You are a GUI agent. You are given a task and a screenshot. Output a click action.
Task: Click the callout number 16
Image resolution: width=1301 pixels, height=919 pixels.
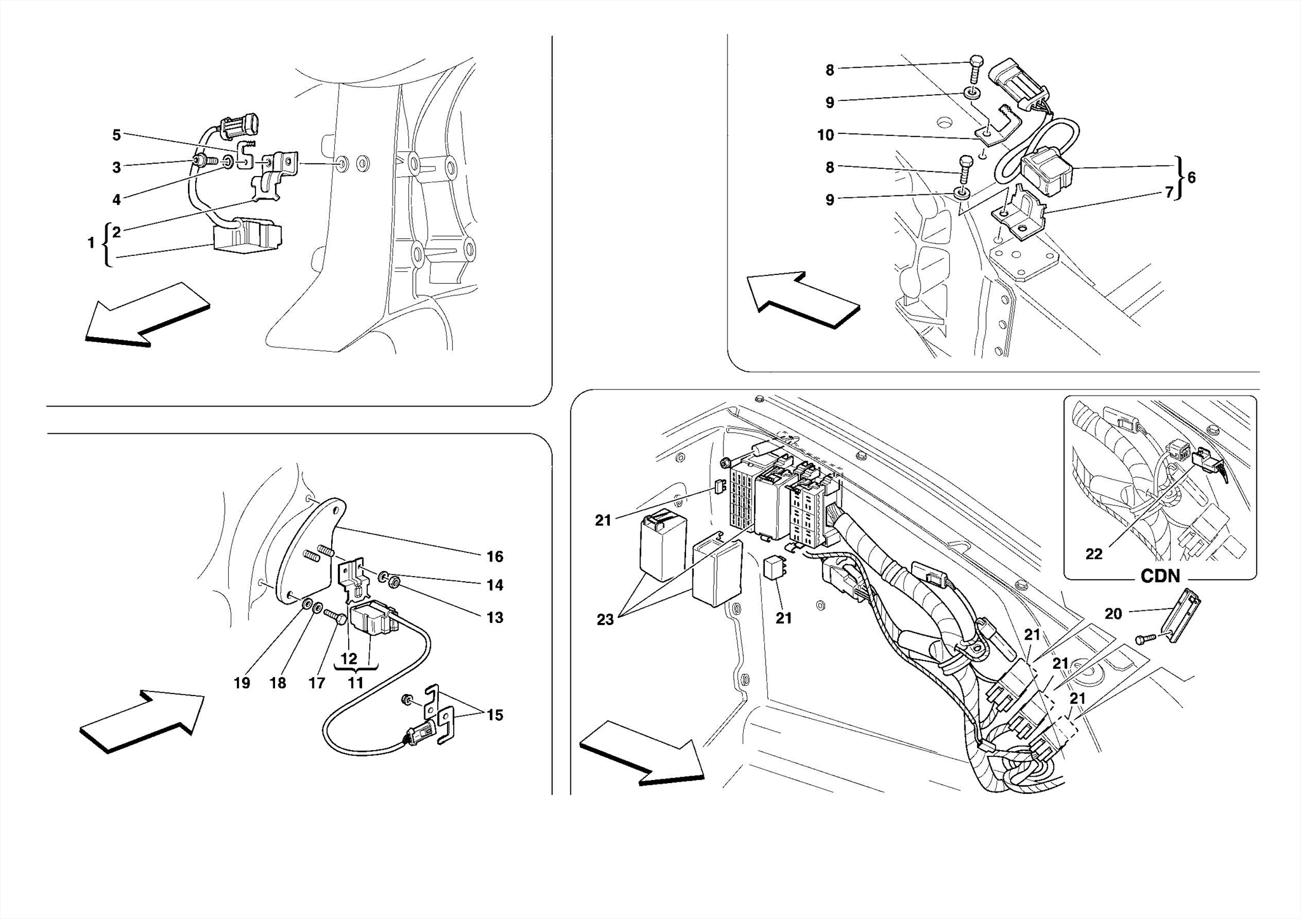pyautogui.click(x=494, y=557)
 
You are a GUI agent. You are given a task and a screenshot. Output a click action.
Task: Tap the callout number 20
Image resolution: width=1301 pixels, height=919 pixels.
pyautogui.click(x=1113, y=614)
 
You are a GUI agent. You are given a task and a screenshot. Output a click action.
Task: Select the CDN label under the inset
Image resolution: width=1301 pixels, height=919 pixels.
pyautogui.click(x=1160, y=576)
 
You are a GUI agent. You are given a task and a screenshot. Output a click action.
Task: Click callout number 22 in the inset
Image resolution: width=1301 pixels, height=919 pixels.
pyautogui.click(x=1093, y=554)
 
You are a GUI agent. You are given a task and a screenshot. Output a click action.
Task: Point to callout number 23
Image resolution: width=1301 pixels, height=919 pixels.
pyautogui.click(x=605, y=619)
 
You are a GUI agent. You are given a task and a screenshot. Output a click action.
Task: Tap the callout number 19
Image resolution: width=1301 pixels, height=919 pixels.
pyautogui.click(x=241, y=683)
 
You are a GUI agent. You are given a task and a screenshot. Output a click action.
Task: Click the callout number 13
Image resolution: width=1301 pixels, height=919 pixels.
pyautogui.click(x=494, y=617)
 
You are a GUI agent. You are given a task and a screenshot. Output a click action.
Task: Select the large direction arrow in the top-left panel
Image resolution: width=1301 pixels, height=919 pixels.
pyautogui.click(x=147, y=315)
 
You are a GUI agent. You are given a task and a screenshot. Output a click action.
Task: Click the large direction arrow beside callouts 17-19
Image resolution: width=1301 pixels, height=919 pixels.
pyautogui.click(x=141, y=720)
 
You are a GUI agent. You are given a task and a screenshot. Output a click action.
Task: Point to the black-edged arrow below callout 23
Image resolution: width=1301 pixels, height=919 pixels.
pyautogui.click(x=642, y=753)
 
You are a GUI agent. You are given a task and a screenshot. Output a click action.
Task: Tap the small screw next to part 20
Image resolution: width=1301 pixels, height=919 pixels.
pyautogui.click(x=1143, y=638)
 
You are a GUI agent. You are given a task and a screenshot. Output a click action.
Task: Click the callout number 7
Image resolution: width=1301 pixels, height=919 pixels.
pyautogui.click(x=1169, y=192)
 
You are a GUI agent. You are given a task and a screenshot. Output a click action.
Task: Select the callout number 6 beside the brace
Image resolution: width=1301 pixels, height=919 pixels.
pyautogui.click(x=1191, y=178)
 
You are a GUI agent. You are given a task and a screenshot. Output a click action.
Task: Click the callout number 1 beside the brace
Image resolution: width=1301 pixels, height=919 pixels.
pyautogui.click(x=91, y=243)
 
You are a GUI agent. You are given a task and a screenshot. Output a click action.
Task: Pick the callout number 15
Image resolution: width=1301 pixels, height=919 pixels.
pyautogui.click(x=494, y=715)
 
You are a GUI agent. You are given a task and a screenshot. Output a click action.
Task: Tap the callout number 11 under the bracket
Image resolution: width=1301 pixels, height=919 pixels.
pyautogui.click(x=355, y=683)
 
